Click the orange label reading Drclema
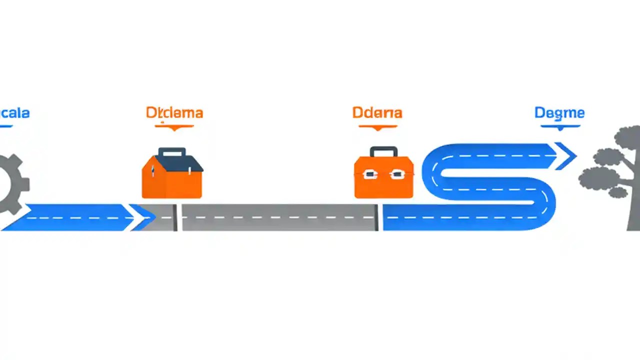click(174, 113)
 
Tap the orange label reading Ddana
click(377, 113)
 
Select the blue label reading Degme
click(559, 113)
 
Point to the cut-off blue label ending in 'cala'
click(15, 113)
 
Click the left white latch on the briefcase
click(369, 174)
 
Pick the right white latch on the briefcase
click(396, 174)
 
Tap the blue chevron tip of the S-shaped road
click(567, 155)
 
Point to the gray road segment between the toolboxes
click(277, 217)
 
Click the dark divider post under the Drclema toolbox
click(175, 217)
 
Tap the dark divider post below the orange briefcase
click(376, 217)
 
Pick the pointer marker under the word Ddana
click(378, 127)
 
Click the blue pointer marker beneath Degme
click(560, 127)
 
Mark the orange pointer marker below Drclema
click(174, 127)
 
